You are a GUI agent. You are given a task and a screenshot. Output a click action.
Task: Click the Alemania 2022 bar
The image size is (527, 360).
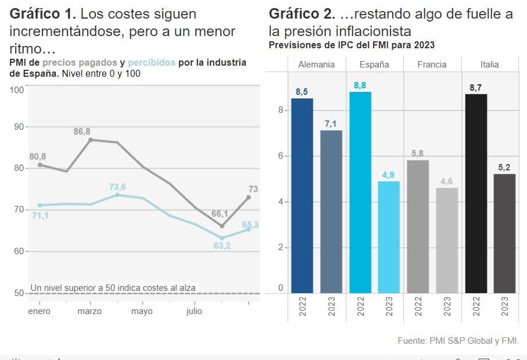click(302, 195)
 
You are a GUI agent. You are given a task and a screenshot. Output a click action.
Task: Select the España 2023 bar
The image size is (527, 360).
click(389, 237)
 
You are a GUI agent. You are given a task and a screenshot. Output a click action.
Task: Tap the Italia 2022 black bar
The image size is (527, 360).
click(476, 193)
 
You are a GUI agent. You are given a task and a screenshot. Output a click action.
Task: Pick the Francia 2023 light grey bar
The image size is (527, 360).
click(447, 240)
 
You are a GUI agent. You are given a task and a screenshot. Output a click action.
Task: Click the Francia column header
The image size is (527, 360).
click(432, 65)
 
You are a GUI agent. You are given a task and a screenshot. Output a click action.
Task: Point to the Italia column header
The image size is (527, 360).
click(490, 65)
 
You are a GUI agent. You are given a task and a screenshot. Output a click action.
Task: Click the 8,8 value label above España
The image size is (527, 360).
click(360, 85)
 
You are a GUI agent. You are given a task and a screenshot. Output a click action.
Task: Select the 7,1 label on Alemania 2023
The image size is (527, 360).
click(331, 124)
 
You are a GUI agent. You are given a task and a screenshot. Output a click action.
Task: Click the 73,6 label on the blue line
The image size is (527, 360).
click(117, 187)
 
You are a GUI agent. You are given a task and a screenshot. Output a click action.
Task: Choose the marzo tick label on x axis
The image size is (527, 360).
click(89, 311)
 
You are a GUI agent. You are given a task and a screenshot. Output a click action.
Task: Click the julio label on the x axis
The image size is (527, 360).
click(194, 311)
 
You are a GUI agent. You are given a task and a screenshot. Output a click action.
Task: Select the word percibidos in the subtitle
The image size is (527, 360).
click(151, 63)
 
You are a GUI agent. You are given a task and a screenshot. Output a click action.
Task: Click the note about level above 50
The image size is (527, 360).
click(113, 287)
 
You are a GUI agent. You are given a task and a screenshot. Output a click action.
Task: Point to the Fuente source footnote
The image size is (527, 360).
click(458, 340)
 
